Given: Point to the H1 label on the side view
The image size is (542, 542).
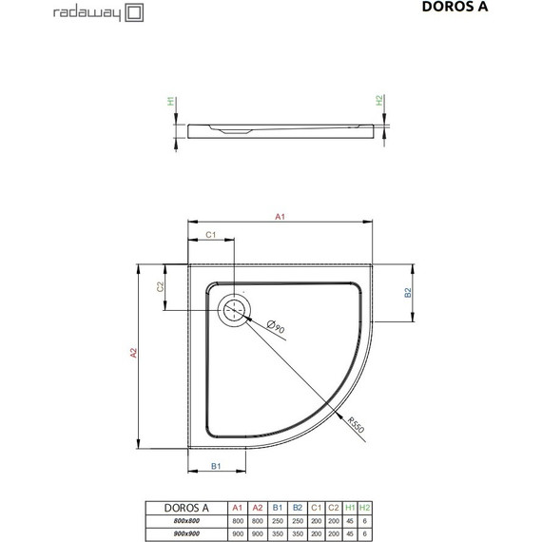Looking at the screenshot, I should click(171, 100).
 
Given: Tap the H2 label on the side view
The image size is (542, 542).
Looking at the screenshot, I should click(378, 100).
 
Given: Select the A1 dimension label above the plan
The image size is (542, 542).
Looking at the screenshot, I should click(281, 218).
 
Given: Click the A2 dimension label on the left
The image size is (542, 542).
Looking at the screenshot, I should click(135, 354).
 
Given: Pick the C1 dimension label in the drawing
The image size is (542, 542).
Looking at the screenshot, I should click(213, 235).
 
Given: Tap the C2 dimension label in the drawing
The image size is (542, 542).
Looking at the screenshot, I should click(162, 285).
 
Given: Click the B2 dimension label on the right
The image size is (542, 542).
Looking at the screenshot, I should click(408, 293).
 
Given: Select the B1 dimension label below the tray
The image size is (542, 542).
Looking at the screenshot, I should click(216, 466).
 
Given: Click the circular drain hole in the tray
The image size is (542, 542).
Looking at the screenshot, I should click(234, 310).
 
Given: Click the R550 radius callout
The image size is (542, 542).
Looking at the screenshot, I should click(355, 424).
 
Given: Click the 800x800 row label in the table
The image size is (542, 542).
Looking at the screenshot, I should click(185, 520).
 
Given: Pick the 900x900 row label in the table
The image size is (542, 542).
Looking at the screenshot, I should click(185, 533).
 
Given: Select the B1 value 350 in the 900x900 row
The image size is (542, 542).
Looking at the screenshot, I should click(279, 533).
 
